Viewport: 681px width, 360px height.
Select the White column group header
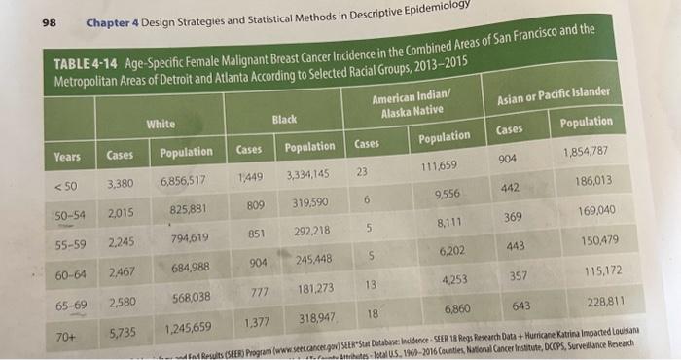[160, 124]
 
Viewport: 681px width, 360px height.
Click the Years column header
[68, 156]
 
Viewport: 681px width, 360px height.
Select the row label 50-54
[69, 213]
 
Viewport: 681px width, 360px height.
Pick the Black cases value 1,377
[257, 323]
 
